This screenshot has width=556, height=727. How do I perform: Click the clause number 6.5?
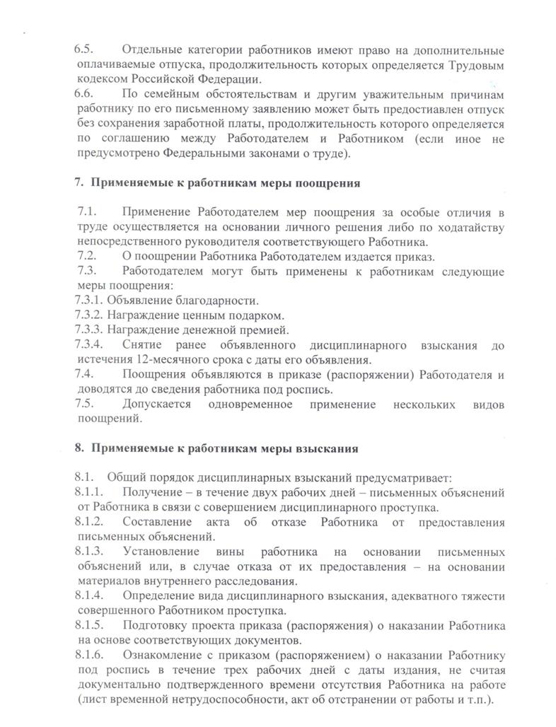coord(84,51)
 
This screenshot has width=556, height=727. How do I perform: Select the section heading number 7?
coord(79,183)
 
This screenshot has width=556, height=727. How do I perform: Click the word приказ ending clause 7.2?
coord(419,255)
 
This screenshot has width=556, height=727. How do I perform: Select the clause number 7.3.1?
coord(88,300)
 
